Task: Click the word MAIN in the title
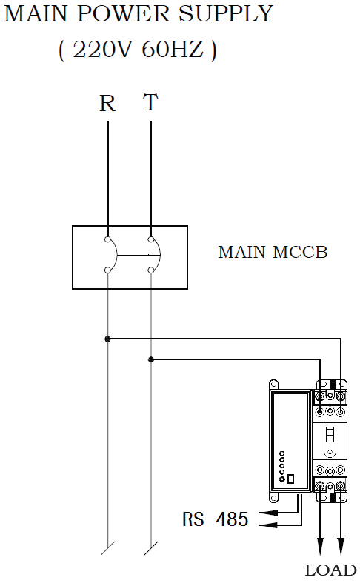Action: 36,14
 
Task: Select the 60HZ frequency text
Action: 173,50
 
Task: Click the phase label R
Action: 107,103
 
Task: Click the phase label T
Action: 150,102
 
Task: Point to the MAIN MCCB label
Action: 273,253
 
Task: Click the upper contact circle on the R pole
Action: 107,239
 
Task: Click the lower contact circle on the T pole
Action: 150,270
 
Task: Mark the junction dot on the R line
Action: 107,339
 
